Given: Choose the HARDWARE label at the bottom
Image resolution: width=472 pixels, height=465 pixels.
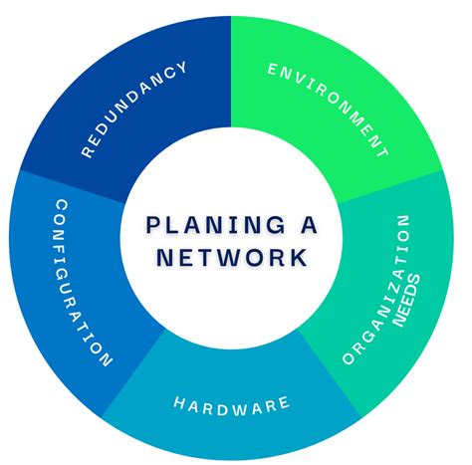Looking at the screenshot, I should point(231,403).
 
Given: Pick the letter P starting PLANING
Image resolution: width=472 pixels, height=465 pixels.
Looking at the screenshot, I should point(151,223).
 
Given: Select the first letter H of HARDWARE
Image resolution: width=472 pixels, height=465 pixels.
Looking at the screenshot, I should point(180,403).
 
